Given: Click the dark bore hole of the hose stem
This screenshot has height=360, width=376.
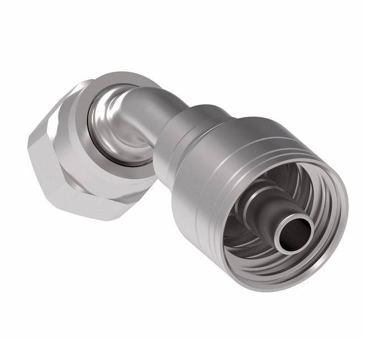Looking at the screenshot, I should point(298,233).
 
